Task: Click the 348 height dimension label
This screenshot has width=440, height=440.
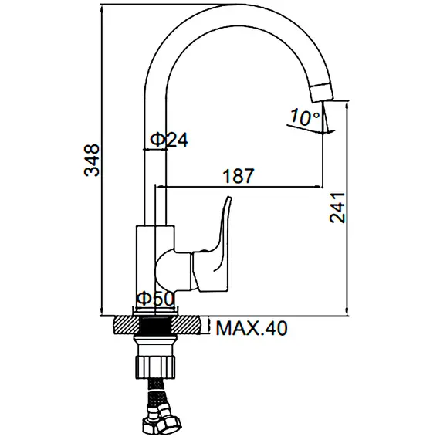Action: [x=92, y=161]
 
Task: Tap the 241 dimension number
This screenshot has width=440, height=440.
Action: [x=337, y=208]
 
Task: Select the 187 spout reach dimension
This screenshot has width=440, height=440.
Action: [x=239, y=176]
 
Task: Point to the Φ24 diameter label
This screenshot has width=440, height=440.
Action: [x=169, y=140]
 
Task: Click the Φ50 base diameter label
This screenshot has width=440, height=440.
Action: [x=156, y=299]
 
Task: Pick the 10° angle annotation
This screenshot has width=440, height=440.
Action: [x=304, y=117]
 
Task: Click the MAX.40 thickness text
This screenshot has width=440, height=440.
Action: [x=252, y=328]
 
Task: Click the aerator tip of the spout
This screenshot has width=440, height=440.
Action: [x=322, y=93]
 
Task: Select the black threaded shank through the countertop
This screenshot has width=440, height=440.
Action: [x=155, y=325]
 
